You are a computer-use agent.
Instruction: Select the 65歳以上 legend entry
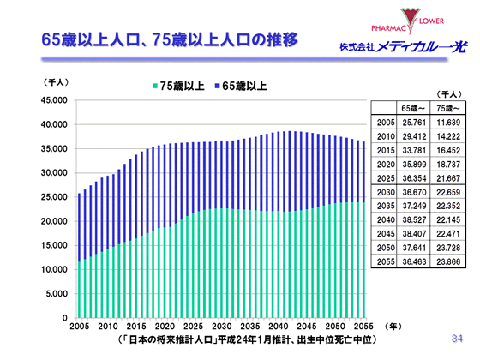point(243,86)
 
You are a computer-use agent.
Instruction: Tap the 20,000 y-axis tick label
point(54,221)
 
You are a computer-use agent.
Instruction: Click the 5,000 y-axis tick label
point(57,294)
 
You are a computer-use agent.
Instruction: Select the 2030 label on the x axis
point(221,327)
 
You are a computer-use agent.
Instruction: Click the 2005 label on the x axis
point(79,327)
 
